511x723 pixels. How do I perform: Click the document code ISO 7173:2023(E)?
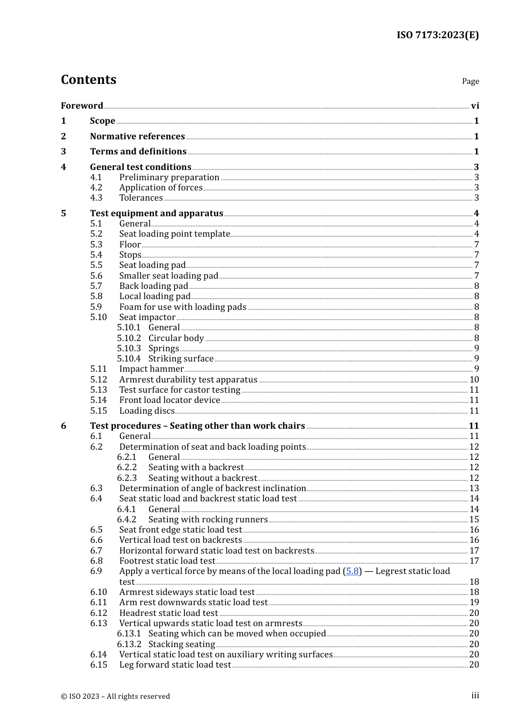pos(437,35)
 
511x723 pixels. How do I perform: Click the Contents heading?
pos(88,80)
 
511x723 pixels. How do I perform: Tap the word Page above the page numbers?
pos(470,81)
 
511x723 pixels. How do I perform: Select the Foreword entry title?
pos(82,105)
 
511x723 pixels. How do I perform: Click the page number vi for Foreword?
pos(475,106)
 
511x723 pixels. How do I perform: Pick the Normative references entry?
pos(137,136)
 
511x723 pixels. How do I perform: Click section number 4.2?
pos(96,187)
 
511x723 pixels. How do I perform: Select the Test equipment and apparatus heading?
pos(157,213)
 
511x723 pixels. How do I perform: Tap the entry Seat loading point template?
pos(174,233)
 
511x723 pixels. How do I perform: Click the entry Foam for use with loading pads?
pos(182,307)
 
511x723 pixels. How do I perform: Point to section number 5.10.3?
pos(129,348)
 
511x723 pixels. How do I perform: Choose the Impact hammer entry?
pos(151,368)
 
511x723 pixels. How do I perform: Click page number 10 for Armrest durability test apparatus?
pos(474,379)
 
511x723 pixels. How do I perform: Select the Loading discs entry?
pos(147,410)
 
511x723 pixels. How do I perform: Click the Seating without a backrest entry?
pos(202,478)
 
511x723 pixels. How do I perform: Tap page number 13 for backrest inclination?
pos(474,488)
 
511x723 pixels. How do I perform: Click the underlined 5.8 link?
pos(352,571)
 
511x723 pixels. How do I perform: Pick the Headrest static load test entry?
pos(168,613)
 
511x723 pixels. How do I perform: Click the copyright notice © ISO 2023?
pos(115,696)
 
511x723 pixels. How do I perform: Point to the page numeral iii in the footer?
pos(475,696)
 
